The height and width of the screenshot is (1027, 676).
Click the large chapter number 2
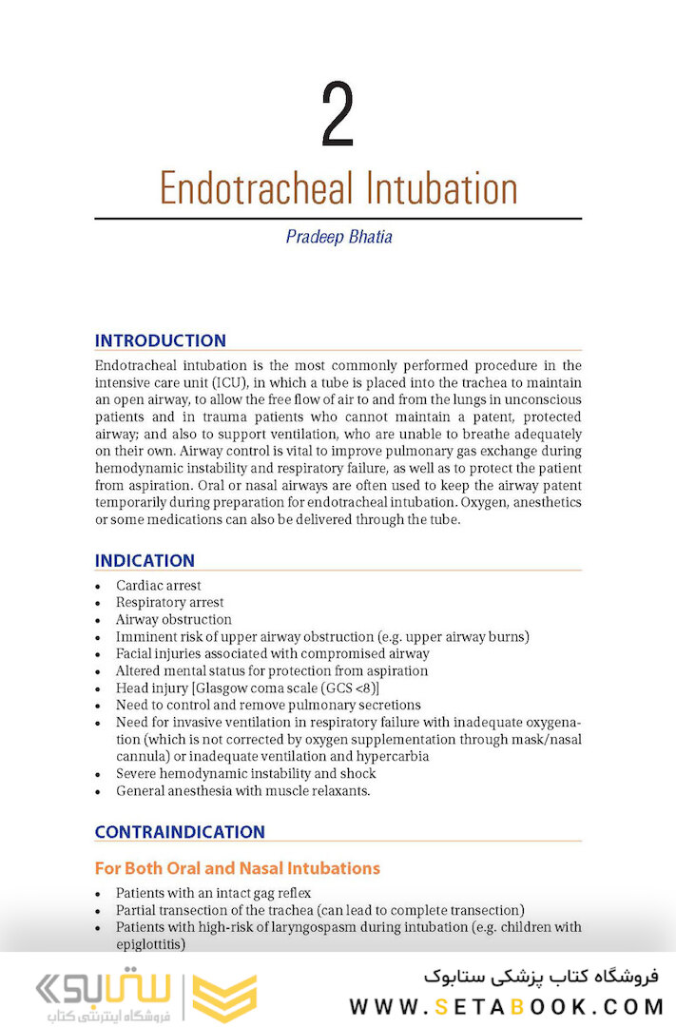[338, 117]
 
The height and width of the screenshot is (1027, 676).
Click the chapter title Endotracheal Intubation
[338, 188]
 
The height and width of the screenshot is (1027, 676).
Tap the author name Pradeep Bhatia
[338, 237]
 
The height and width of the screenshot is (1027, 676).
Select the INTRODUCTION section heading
[161, 340]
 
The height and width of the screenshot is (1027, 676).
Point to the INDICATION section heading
[145, 561]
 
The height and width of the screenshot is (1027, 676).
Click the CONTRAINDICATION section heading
[180, 832]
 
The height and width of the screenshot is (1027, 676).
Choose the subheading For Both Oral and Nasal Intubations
[237, 868]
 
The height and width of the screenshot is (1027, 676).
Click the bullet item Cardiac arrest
[159, 586]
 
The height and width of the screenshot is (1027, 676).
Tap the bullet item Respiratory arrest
[170, 603]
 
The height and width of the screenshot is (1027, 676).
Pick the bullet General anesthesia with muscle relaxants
[243, 791]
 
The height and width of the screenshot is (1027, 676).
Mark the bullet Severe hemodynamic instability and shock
[245, 774]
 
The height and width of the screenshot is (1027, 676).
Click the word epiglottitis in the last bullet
[150, 944]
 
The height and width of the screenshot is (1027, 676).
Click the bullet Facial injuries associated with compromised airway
[272, 654]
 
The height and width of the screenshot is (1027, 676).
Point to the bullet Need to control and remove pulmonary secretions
[268, 706]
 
